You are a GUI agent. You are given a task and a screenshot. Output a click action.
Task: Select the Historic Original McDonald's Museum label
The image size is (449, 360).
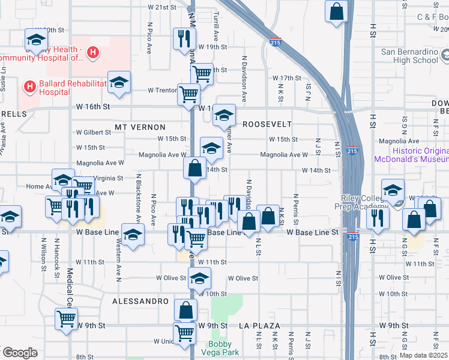411,155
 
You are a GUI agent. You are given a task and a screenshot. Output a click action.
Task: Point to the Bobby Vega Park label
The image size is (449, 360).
223,348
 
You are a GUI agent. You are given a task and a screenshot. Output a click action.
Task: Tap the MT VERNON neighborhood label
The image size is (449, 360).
140,127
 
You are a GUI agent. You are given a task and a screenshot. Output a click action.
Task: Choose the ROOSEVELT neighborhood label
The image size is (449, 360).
267,124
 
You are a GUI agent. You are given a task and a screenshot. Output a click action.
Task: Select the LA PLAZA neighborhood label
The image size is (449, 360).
259,325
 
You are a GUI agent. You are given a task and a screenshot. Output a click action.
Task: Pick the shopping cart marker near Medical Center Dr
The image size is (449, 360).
66,318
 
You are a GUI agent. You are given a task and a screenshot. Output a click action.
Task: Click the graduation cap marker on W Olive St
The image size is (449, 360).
200,278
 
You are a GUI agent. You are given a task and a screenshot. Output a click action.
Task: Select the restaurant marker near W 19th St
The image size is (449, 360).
184,39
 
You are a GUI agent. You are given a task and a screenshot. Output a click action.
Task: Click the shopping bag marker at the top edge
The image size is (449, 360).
337,11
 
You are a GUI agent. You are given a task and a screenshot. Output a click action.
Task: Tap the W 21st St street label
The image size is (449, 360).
162,7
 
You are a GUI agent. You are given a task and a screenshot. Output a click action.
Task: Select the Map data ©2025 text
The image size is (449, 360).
423,355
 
